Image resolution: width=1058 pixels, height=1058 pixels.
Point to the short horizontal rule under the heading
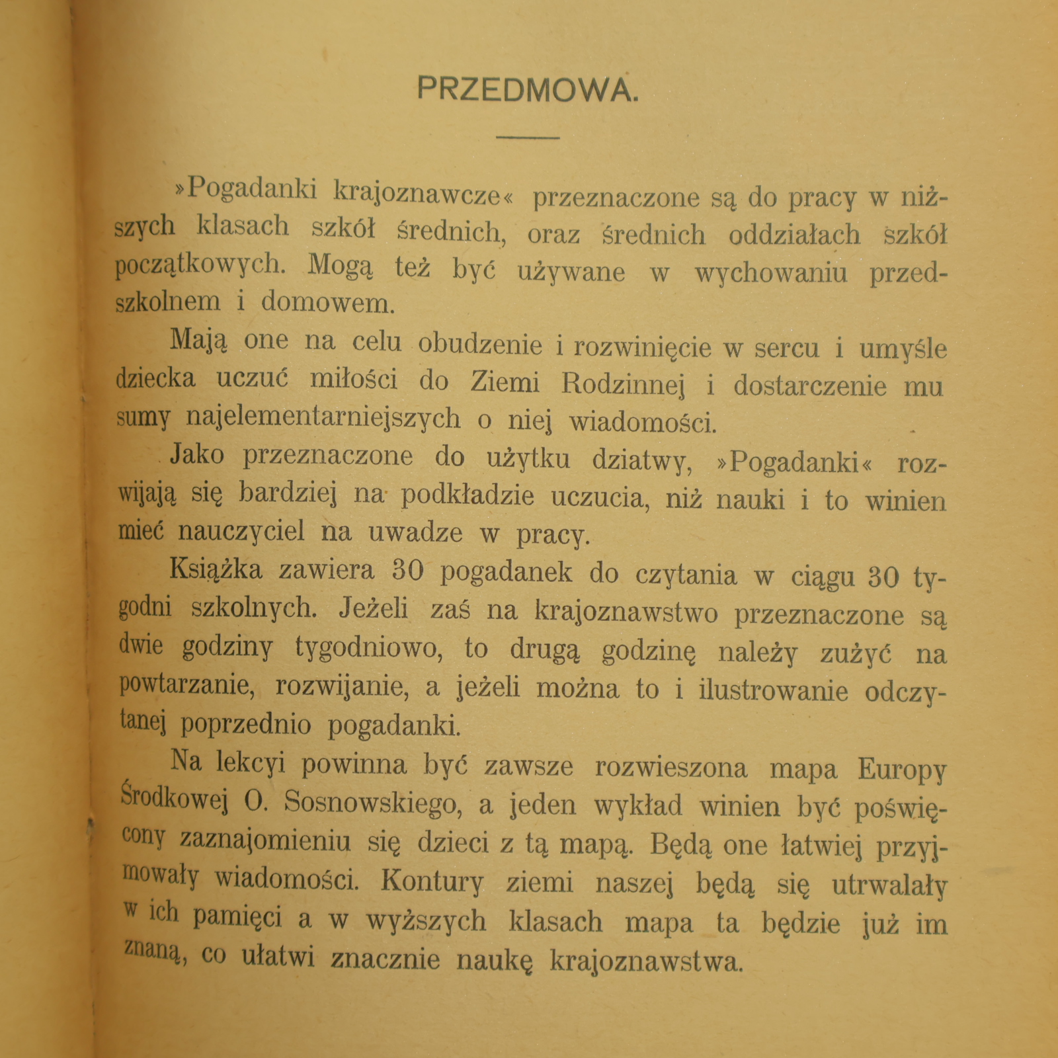click(x=528, y=138)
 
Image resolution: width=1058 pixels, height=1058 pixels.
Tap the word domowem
click(x=328, y=303)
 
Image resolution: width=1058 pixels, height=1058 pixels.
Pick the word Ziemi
click(x=505, y=382)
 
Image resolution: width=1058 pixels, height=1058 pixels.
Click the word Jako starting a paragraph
click(x=197, y=455)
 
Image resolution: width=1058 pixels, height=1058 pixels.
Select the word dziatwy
click(x=641, y=460)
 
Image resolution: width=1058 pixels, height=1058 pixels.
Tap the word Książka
click(x=216, y=570)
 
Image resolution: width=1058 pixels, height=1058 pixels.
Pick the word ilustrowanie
click(x=773, y=690)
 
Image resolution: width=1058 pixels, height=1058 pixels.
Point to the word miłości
click(x=354, y=380)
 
